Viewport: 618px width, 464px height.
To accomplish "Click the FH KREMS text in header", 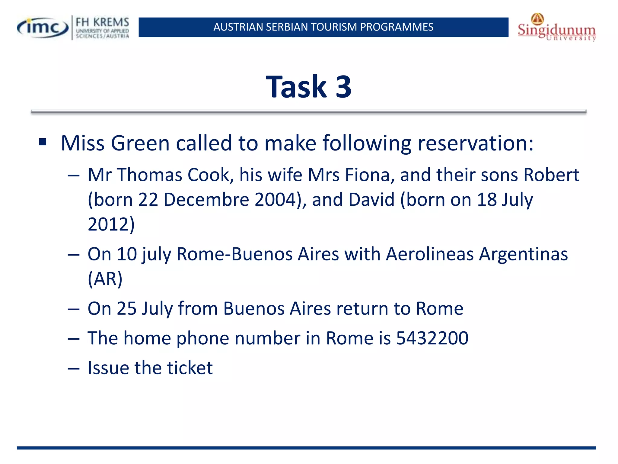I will [x=102, y=22].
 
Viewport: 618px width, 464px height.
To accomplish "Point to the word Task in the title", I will [x=296, y=87].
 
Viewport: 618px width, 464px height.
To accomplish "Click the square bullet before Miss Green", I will [x=43, y=142].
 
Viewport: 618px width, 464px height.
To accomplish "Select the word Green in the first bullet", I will [x=140, y=143].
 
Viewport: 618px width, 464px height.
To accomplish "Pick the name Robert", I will [x=551, y=175].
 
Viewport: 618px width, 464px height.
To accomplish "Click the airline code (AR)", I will [x=105, y=279].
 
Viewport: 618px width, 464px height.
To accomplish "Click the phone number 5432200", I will [x=432, y=338].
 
